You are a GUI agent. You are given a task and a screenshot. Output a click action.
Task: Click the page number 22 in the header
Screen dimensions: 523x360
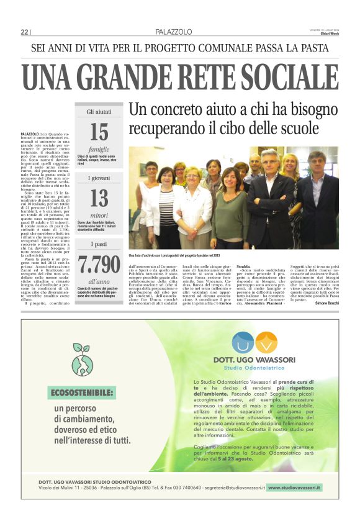click(x=24, y=32)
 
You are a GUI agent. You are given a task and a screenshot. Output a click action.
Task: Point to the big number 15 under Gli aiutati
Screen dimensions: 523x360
click(x=99, y=132)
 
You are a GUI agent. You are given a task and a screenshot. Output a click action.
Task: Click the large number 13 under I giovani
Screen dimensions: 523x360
click(x=99, y=198)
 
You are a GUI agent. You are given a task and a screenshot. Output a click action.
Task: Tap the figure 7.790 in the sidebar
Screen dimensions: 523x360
click(x=99, y=264)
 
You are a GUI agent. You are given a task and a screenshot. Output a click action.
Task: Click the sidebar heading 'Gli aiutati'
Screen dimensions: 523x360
click(x=99, y=112)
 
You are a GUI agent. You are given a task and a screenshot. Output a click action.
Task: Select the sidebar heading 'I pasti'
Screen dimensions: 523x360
click(x=99, y=244)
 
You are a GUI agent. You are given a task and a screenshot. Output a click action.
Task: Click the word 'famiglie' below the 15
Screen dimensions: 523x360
click(x=99, y=149)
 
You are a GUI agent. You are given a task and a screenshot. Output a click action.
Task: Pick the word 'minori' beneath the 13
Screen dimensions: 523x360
click(x=99, y=215)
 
